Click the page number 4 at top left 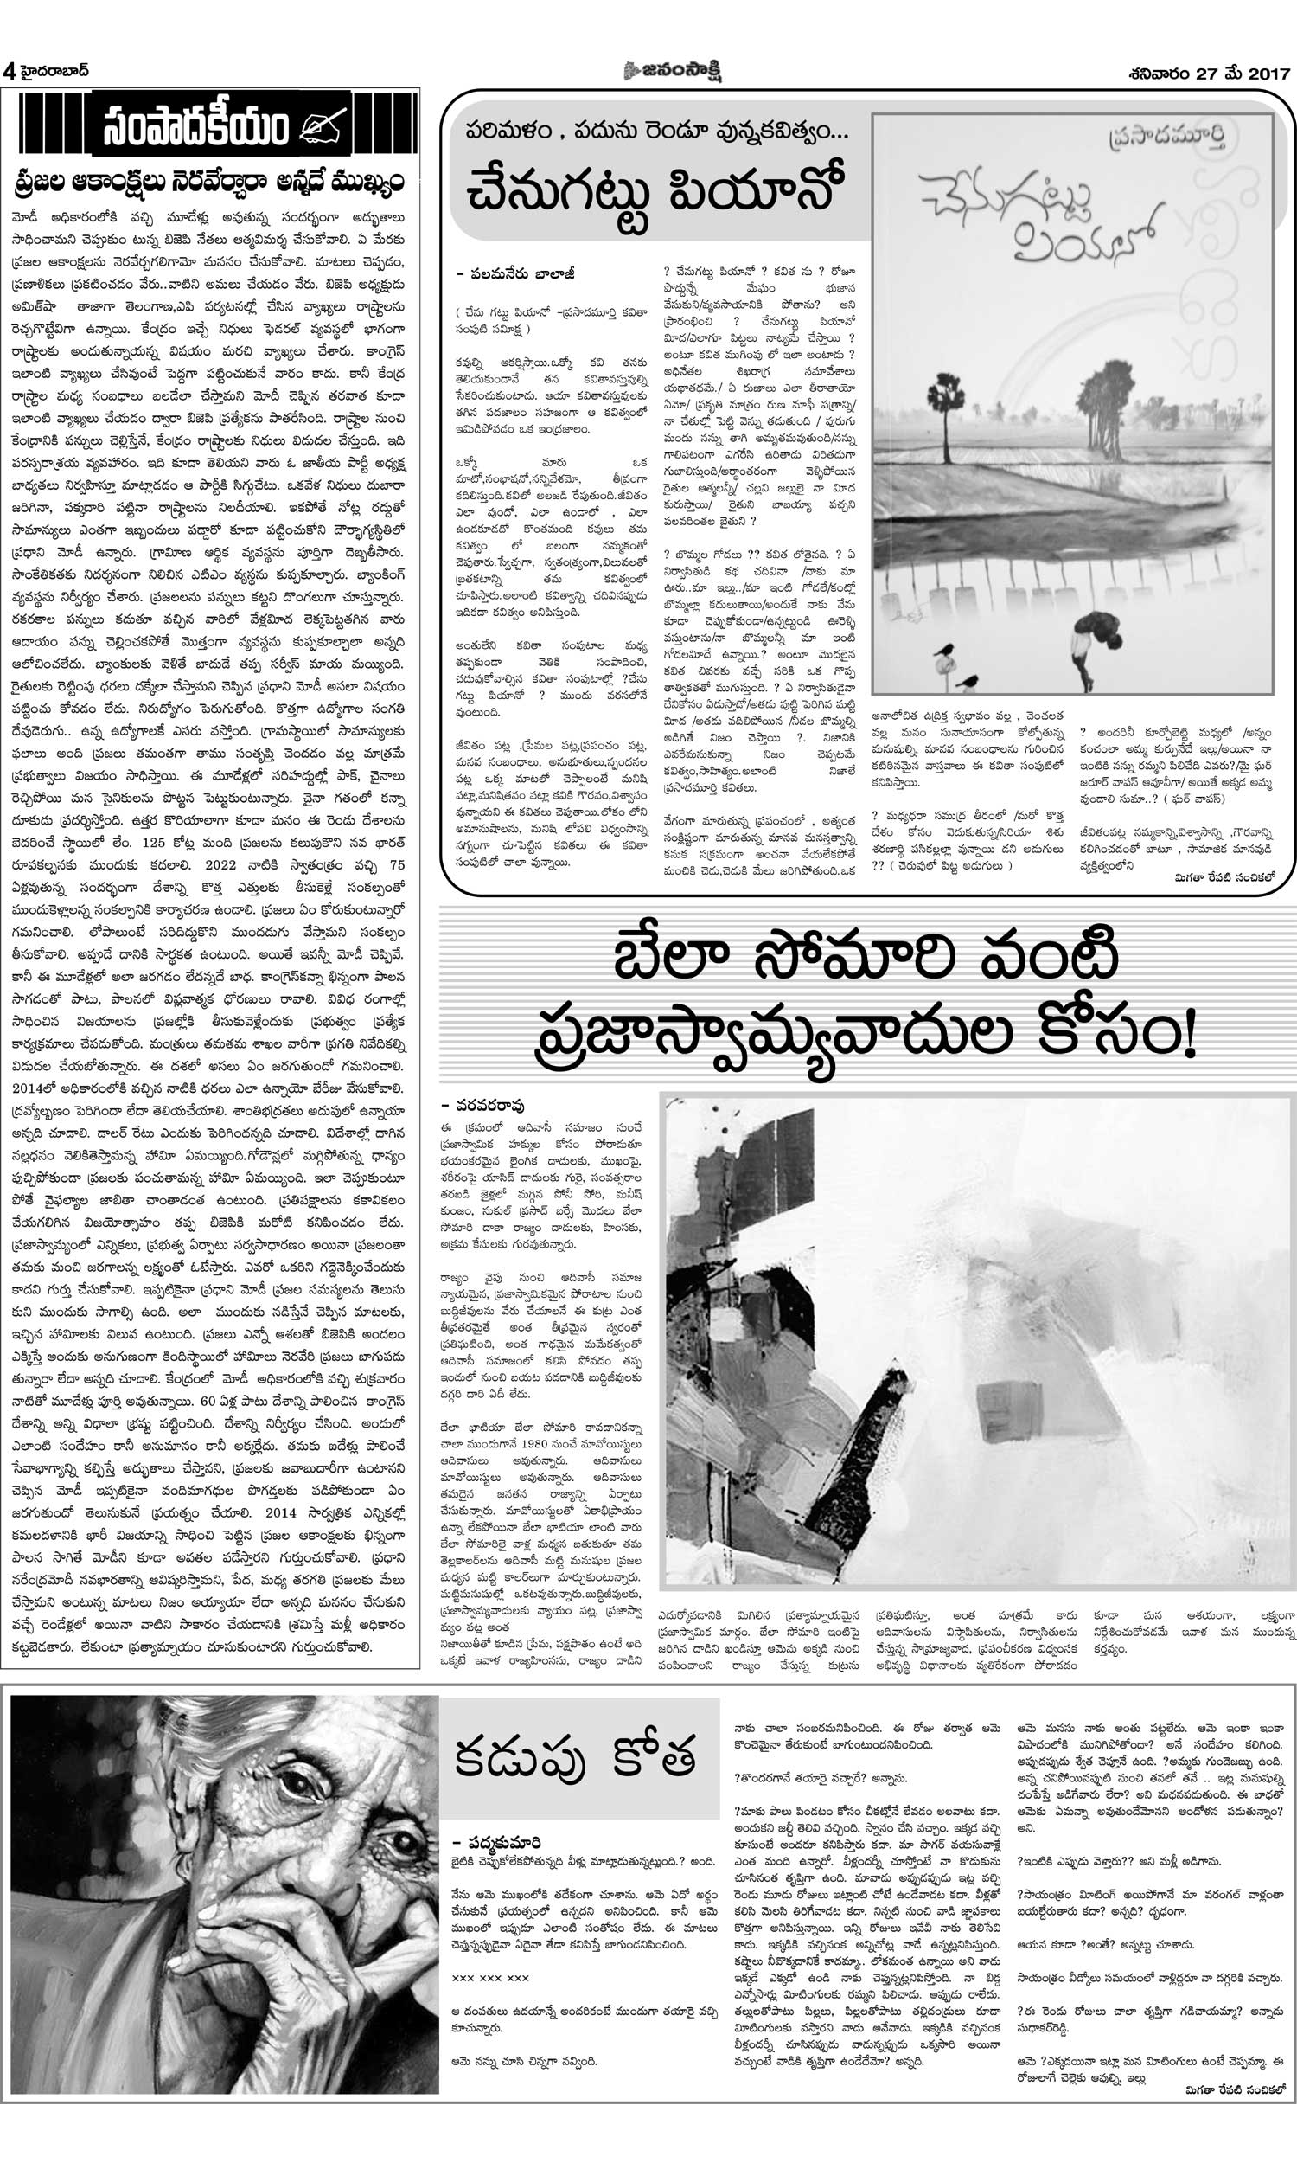click(x=10, y=72)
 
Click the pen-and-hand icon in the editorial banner click(x=323, y=128)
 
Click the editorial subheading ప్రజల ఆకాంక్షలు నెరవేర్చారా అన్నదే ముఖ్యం click(x=210, y=182)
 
